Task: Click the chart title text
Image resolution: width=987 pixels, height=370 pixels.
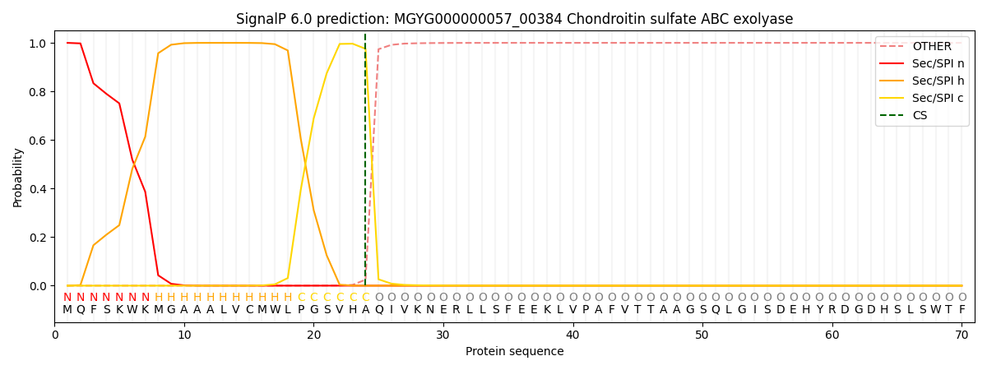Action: tap(514, 19)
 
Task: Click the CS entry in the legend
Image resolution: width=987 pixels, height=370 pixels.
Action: tap(920, 116)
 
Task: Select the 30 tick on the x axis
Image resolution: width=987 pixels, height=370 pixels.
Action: tap(443, 335)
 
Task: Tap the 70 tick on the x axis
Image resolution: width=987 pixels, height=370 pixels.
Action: tap(962, 335)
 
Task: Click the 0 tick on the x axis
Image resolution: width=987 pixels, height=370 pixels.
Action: tap(55, 335)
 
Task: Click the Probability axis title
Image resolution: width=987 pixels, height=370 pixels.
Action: tap(18, 178)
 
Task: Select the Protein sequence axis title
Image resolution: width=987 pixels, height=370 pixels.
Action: tap(514, 352)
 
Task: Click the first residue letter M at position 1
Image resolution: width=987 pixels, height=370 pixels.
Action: tap(67, 310)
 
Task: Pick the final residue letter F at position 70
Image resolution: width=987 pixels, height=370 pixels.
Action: tap(962, 310)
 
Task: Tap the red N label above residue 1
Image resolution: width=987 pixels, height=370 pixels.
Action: tap(67, 298)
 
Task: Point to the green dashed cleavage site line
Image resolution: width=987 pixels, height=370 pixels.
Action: tap(365, 164)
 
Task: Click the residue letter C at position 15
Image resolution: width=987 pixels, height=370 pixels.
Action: tap(249, 310)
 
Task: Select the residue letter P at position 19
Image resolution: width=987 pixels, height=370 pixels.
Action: tap(301, 310)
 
